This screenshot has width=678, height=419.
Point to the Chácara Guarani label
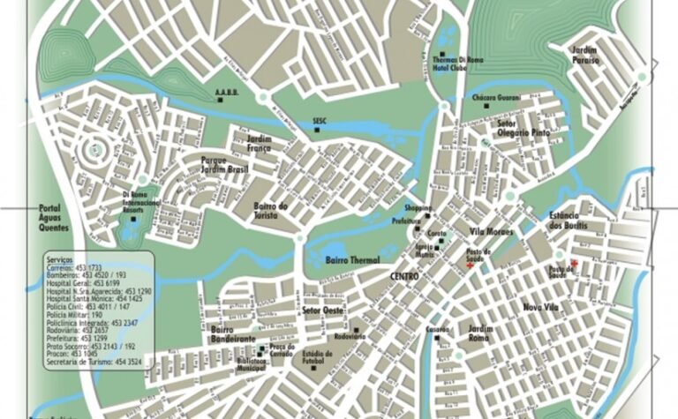496,96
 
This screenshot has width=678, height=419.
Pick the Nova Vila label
541,307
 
